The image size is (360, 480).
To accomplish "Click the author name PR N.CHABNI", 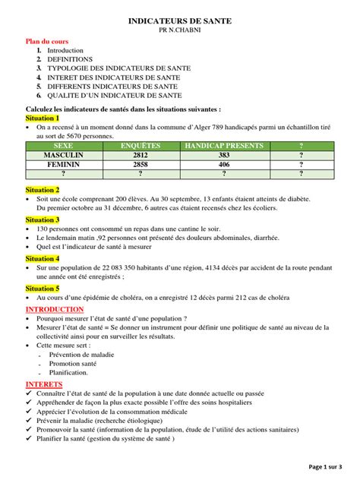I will (x=179, y=34).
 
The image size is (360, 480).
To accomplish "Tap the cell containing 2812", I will (x=141, y=154).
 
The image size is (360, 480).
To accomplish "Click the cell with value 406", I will (x=223, y=163).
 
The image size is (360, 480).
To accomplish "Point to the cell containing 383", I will (x=223, y=154).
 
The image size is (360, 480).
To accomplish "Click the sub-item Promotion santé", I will (x=74, y=363).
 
